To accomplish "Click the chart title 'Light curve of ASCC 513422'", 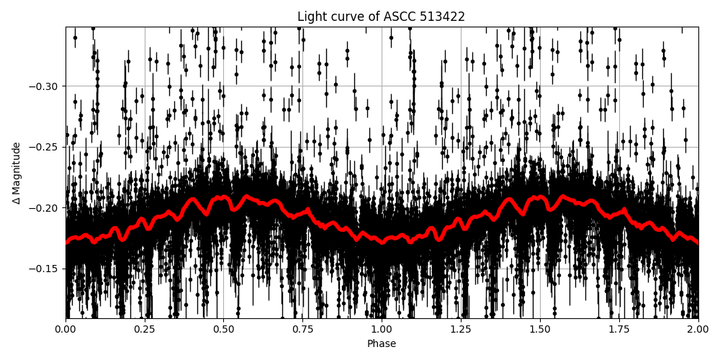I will [x=381, y=17].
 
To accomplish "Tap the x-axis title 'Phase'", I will [x=382, y=343].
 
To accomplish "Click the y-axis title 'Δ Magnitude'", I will [x=17, y=173].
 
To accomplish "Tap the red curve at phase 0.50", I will [x=224, y=197].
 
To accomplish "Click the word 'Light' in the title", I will [x=310, y=17].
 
